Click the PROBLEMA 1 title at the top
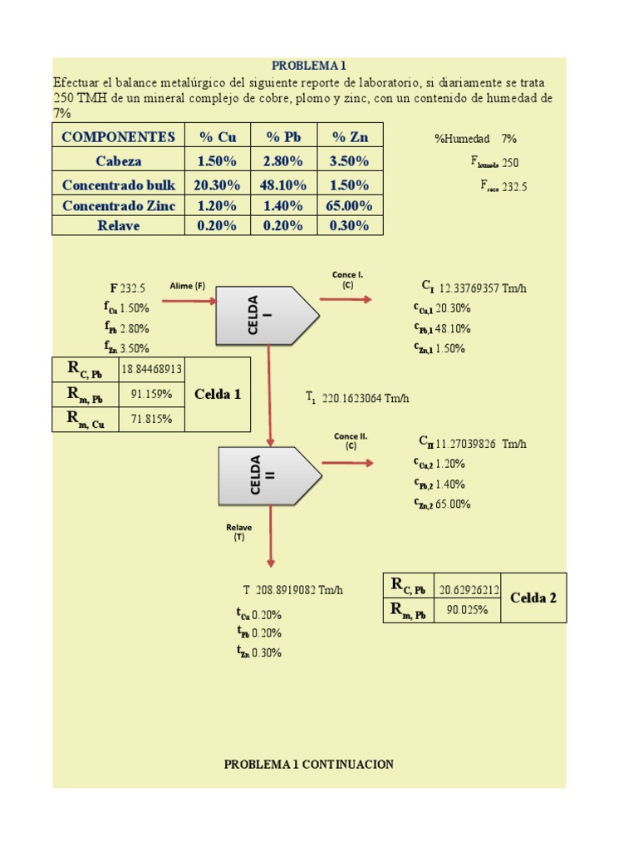click(309, 66)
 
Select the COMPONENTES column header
click(118, 136)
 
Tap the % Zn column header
click(350, 136)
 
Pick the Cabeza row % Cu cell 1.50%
click(218, 161)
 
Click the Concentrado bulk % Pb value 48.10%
click(283, 184)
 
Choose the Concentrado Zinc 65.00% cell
click(350, 205)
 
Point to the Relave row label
click(118, 225)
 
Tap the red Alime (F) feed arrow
click(189, 300)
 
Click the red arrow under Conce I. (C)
click(346, 299)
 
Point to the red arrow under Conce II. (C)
click(348, 464)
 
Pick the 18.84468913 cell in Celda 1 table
click(152, 369)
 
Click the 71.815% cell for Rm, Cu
click(152, 419)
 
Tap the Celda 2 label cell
click(533, 597)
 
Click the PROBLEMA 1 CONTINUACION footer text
click(308, 764)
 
